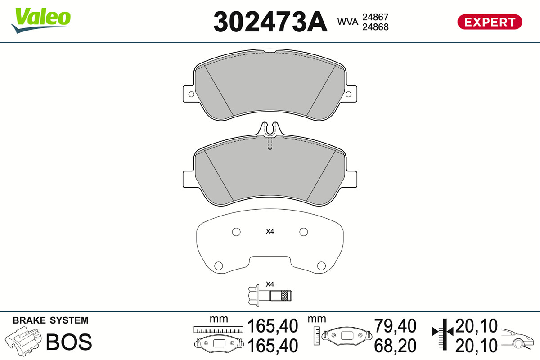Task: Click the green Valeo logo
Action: pos(41,20)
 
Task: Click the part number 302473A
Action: pos(270,22)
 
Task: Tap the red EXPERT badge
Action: pos(490,22)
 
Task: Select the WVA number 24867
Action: pos(375,17)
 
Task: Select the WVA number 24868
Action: pos(375,27)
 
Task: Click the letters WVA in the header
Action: pos(347,22)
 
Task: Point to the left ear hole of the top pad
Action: pos(191,94)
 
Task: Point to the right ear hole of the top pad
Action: pos(348,94)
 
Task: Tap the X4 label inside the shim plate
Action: pos(270,231)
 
